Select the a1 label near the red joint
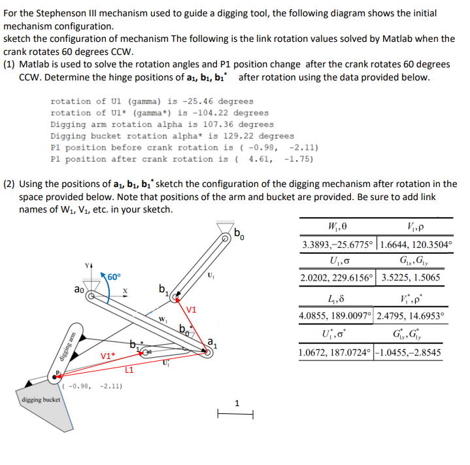211,340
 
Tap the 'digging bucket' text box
41,399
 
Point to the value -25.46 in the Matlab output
198,101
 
